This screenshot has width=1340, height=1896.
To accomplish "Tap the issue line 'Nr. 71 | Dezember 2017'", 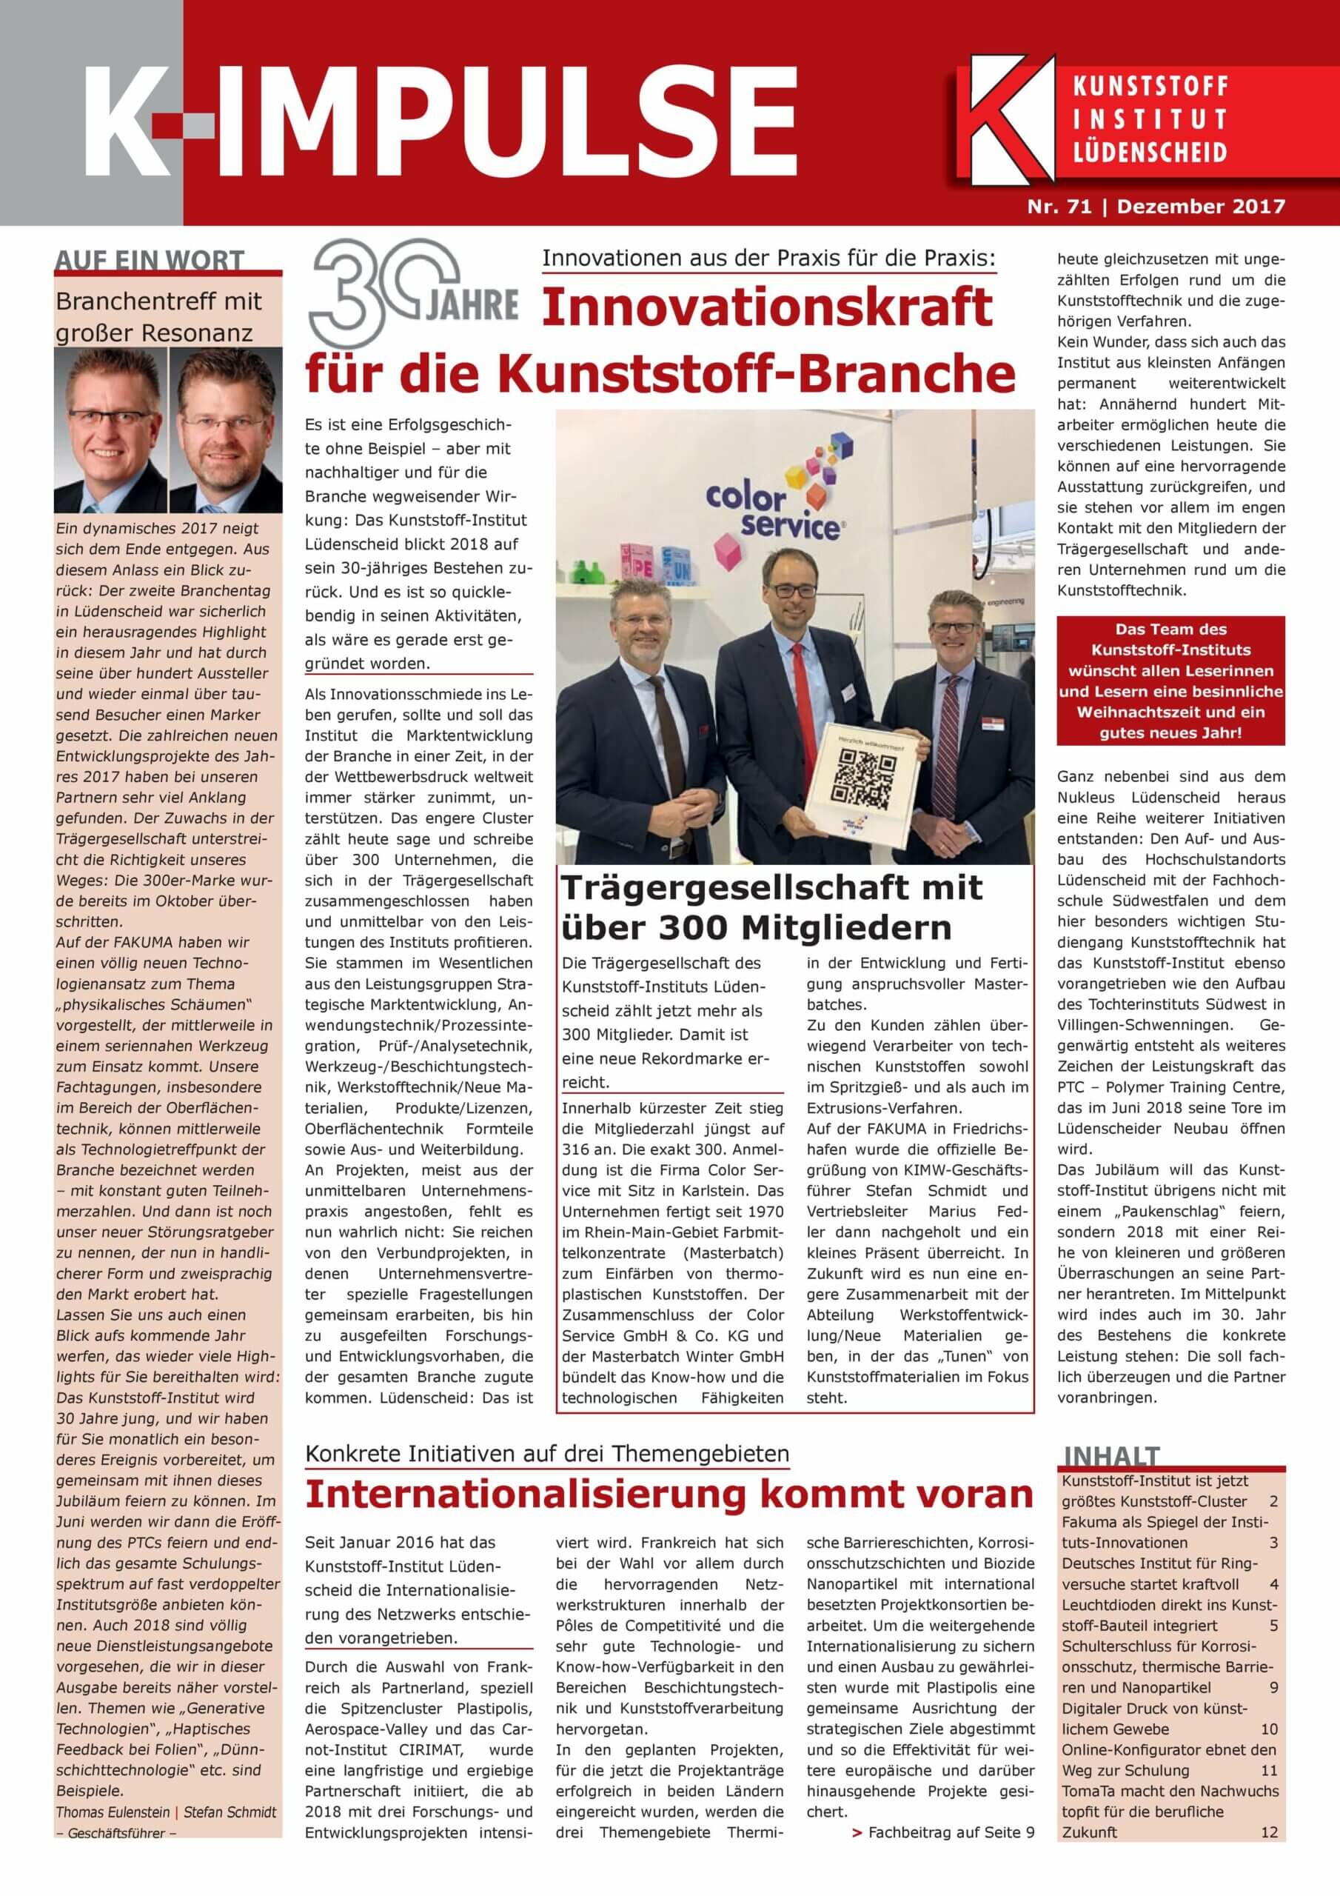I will point(1156,207).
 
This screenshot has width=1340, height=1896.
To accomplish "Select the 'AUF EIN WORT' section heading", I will point(150,261).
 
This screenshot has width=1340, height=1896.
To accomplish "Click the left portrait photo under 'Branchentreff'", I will point(110,430).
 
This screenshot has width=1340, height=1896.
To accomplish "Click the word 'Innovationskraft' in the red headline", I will point(767,307).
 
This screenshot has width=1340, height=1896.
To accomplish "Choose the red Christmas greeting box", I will point(1170,681).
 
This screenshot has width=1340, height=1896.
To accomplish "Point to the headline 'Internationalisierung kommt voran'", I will point(669,1493).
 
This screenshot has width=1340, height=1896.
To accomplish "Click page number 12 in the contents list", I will point(1269,1872).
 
